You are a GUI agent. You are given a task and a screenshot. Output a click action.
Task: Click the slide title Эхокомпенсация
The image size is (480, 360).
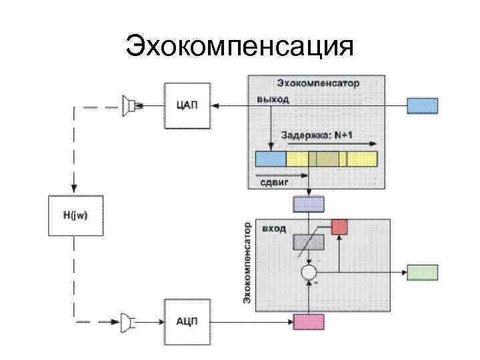point(239,47)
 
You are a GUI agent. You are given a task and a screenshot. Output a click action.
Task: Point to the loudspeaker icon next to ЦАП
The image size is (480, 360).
point(129,105)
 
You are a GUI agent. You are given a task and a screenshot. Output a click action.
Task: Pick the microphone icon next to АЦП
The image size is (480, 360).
point(127,322)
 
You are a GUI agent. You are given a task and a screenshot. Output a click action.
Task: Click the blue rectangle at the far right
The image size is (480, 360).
point(423,105)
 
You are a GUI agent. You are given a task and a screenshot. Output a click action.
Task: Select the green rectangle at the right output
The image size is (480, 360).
point(423,272)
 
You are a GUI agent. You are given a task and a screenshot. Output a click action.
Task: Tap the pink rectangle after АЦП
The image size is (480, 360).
point(308,322)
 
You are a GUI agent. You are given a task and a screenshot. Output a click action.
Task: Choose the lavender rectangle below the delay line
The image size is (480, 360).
point(308,204)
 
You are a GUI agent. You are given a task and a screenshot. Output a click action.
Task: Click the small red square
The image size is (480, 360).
point(340,227)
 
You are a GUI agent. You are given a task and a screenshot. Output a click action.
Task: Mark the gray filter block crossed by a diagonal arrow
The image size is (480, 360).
point(309,241)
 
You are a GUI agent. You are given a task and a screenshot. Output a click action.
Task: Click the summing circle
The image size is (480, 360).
point(309,272)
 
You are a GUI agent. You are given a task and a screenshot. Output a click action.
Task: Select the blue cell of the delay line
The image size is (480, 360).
point(271,159)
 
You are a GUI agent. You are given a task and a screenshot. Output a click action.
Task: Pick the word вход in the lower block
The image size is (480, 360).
point(274,229)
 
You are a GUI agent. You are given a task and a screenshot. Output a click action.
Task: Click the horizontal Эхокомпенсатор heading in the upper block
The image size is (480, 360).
point(318,83)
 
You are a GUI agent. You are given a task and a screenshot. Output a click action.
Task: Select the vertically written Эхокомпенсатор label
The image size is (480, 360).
point(247,263)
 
